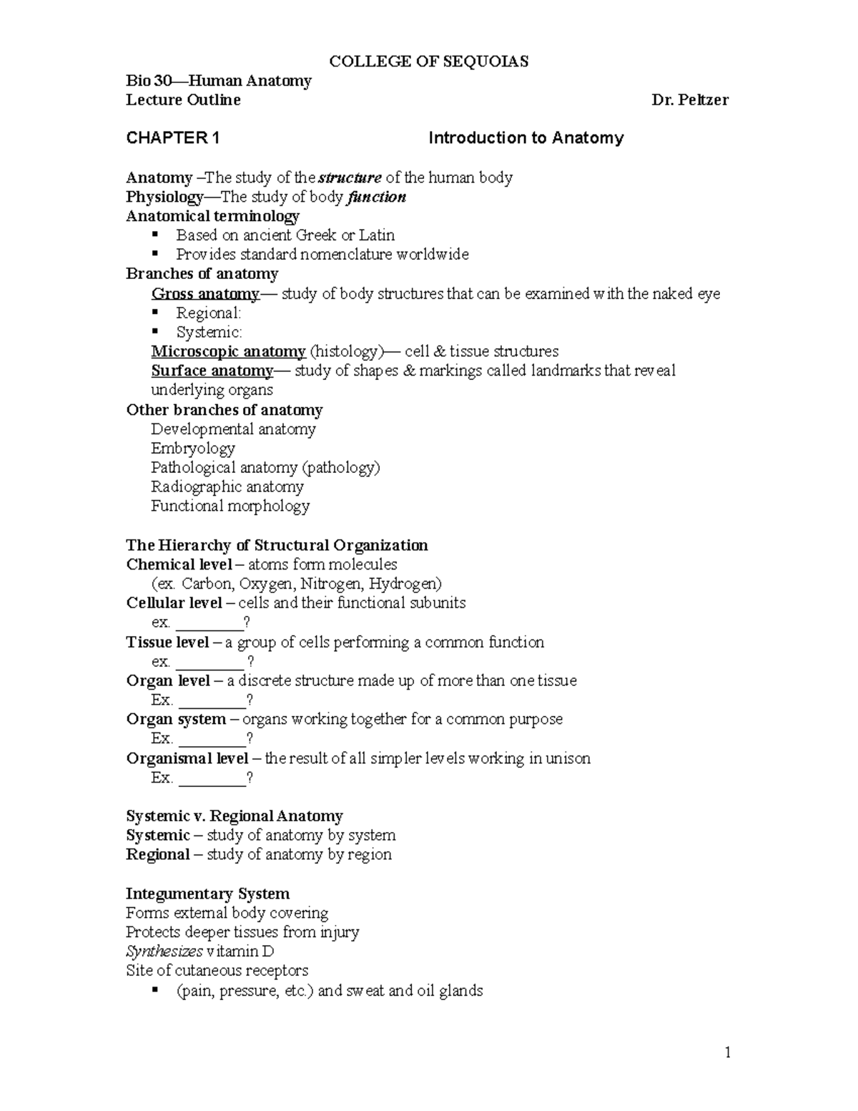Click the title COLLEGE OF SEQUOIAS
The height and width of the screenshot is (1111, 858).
click(428, 62)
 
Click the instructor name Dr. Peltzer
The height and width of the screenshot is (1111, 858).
click(689, 100)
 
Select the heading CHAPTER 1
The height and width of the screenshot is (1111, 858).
click(172, 138)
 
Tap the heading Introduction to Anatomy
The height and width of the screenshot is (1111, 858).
click(526, 138)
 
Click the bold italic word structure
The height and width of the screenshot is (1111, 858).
click(350, 177)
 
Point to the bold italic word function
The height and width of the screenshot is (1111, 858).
click(376, 197)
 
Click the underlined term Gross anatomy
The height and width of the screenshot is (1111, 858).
click(204, 293)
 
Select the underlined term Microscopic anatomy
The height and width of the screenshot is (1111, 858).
click(228, 351)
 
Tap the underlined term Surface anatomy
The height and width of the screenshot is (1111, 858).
click(212, 371)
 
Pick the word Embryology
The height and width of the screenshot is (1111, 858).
click(192, 449)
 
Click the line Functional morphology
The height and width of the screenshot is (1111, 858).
click(230, 506)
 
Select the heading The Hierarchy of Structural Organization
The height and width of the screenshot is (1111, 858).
click(277, 545)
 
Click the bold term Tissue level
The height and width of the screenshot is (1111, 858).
click(167, 642)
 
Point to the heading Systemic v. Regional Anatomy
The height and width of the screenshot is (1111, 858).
click(234, 816)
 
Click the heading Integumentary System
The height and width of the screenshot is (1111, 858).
click(207, 894)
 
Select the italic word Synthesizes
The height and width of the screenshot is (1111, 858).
click(164, 951)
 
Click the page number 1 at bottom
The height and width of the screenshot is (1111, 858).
click(727, 1052)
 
